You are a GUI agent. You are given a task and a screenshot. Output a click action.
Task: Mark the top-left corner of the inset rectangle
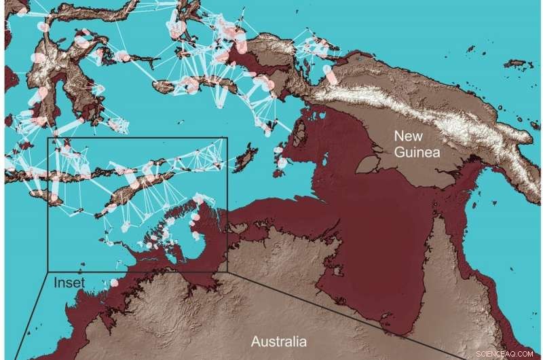click(x=47, y=138)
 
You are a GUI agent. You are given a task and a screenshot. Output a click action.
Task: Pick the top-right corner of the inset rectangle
click(x=227, y=138)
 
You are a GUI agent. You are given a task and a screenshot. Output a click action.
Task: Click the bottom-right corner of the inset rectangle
click(x=227, y=272)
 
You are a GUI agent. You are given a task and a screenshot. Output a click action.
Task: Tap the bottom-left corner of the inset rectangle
click(x=47, y=272)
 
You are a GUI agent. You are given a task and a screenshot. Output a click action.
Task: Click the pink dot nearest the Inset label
click(x=114, y=282)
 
